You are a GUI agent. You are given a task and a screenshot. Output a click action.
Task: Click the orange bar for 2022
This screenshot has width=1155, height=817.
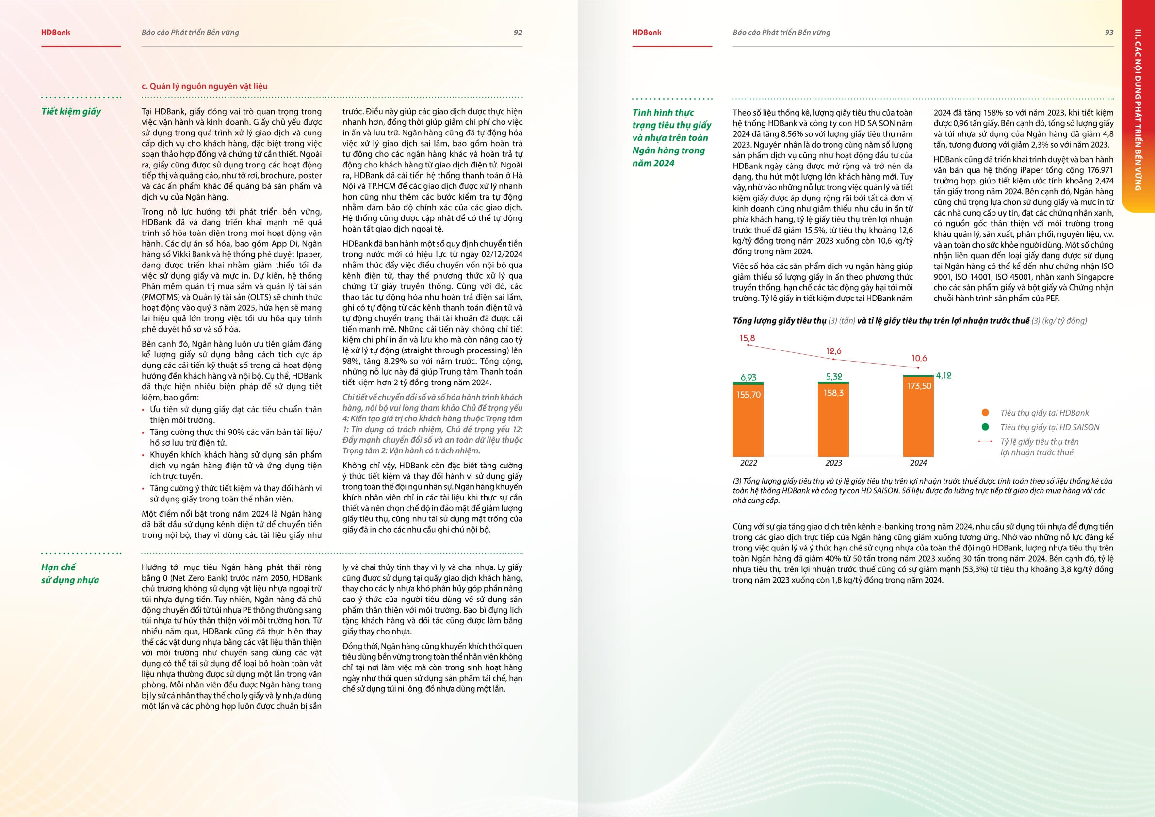[x=748, y=428]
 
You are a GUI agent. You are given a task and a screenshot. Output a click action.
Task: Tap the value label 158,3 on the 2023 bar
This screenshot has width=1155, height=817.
[x=833, y=393]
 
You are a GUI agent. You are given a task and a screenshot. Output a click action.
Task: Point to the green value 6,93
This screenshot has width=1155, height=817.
[x=748, y=377]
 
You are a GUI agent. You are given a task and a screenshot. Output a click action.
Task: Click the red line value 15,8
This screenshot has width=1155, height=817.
[x=747, y=338]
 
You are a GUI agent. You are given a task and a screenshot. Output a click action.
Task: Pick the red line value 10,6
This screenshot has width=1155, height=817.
[x=919, y=358]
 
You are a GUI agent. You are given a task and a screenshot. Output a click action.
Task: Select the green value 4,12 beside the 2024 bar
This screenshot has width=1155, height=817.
[x=944, y=376]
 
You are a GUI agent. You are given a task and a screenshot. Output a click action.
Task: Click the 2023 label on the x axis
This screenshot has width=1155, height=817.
[x=833, y=463]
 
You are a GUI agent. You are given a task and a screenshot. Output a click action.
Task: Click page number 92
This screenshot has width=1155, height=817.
[x=518, y=32]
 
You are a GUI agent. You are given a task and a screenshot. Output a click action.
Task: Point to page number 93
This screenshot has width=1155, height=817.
[x=1109, y=32]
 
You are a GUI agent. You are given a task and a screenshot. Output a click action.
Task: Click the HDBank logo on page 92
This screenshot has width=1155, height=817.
[x=55, y=32]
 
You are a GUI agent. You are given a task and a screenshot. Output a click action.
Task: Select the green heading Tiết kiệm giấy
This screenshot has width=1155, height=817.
[x=71, y=111]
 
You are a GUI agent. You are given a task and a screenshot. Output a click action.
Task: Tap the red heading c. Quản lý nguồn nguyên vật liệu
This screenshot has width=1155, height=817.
[x=204, y=86]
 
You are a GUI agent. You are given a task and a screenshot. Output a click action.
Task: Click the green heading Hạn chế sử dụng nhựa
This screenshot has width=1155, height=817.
[x=70, y=573]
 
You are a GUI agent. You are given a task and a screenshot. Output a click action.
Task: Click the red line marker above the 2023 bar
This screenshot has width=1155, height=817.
[x=834, y=359]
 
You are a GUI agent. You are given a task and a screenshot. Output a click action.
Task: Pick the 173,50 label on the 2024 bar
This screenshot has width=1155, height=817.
[x=919, y=386]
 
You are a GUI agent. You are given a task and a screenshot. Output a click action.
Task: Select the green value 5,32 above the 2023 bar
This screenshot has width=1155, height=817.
[x=834, y=377]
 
